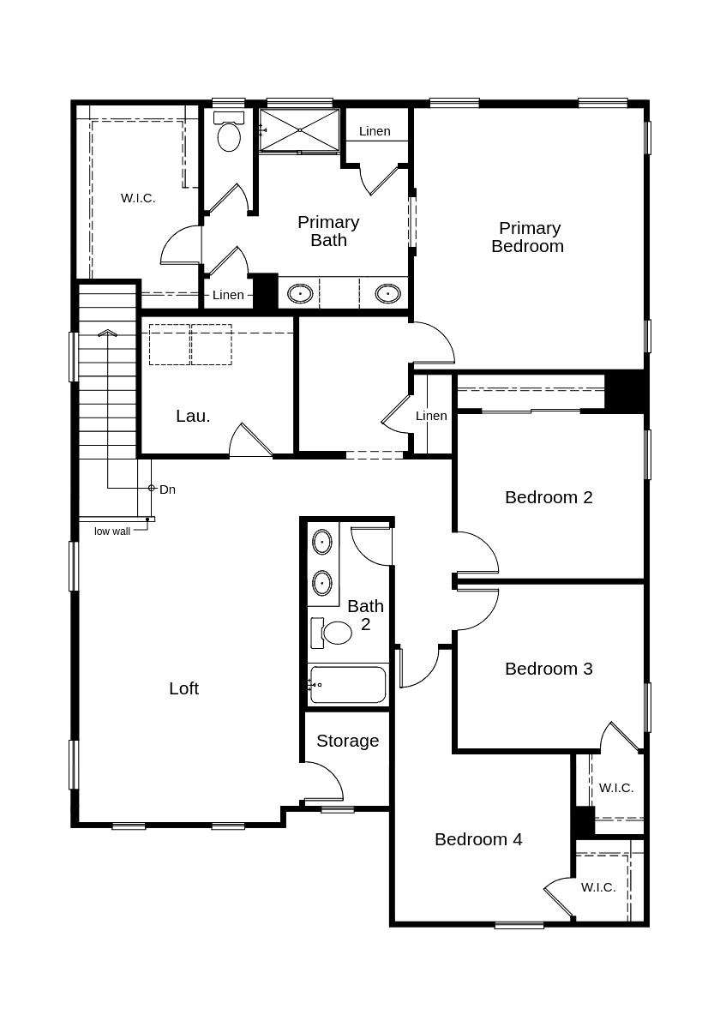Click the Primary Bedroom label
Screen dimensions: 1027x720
[x=528, y=237]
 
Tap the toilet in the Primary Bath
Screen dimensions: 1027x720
[x=229, y=134]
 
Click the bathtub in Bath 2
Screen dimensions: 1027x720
[x=348, y=684]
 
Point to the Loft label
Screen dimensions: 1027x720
[x=183, y=688]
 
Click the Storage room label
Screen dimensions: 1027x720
[x=347, y=741]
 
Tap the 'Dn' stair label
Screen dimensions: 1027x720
[x=167, y=489]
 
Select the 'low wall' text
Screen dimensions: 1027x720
[x=112, y=532]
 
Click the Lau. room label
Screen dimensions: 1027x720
[x=193, y=416]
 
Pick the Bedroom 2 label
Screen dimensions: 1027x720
[x=549, y=497]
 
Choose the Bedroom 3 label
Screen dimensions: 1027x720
[x=549, y=669]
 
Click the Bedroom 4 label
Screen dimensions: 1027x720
[x=478, y=839]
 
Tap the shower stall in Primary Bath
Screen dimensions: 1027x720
[x=300, y=130]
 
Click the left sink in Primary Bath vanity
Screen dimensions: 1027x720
[x=300, y=293]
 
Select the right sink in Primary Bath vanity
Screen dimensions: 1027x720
[x=388, y=293]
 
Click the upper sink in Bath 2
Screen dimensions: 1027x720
[x=321, y=542]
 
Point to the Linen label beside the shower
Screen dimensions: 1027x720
[x=375, y=131]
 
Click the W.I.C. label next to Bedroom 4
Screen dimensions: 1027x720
[x=598, y=887]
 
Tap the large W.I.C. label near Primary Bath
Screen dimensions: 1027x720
[x=138, y=198]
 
